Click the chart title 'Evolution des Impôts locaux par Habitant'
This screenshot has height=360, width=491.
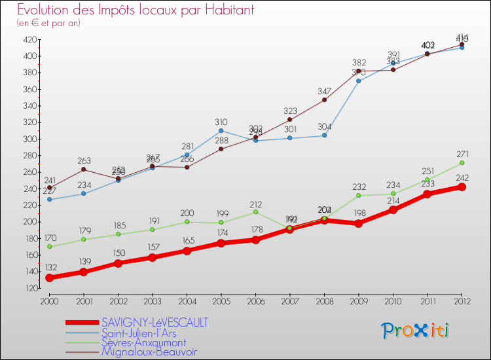[x=136, y=10]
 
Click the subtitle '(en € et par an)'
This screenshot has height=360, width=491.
[x=49, y=23]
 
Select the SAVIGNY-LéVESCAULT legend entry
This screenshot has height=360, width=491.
[x=155, y=323]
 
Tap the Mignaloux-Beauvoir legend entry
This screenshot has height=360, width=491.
[x=149, y=352]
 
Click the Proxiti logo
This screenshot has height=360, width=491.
[x=416, y=331]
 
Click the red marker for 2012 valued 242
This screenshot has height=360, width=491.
[x=462, y=187]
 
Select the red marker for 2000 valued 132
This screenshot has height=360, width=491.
[x=49, y=278]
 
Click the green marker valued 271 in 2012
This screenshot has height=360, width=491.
[x=462, y=163]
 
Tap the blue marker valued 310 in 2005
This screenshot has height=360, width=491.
[x=221, y=130]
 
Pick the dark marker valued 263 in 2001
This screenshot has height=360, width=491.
[x=84, y=170]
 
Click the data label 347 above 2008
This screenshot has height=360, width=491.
[x=325, y=90]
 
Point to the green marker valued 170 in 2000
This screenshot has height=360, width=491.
[x=49, y=247]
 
